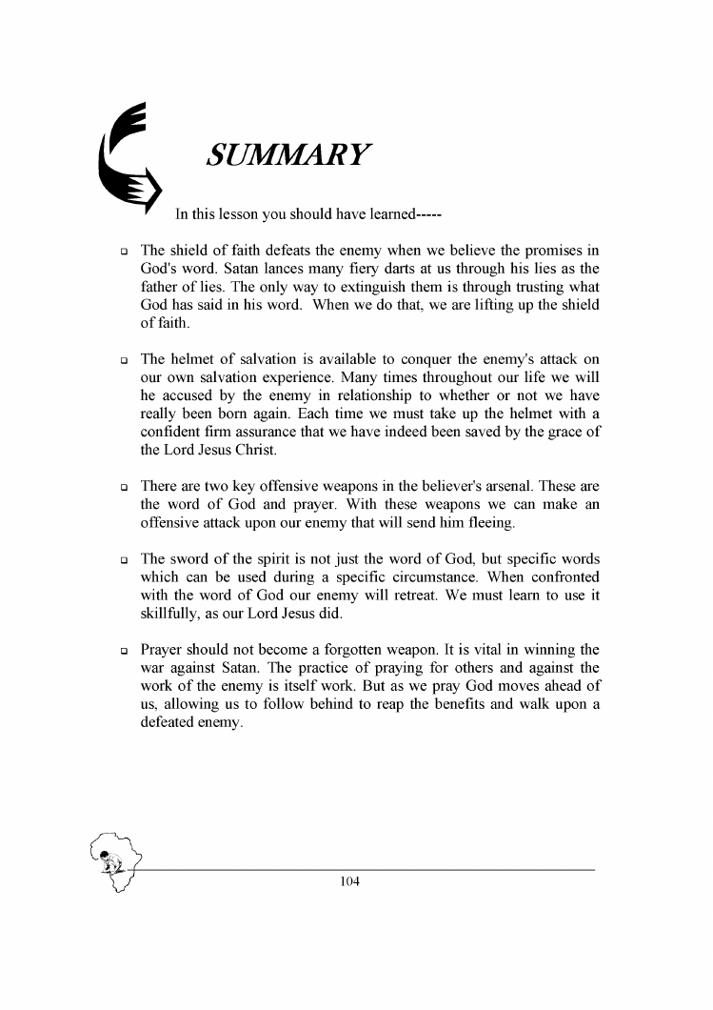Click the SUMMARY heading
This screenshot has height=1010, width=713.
click(288, 155)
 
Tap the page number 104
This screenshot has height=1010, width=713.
click(349, 882)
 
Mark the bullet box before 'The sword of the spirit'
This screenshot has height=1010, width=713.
click(123, 560)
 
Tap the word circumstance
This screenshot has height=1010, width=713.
click(446, 576)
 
